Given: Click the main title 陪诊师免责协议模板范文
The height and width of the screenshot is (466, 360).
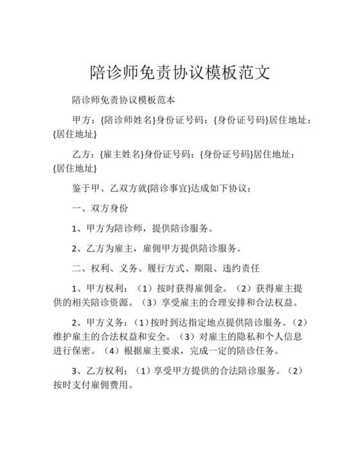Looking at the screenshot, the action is coord(179,71).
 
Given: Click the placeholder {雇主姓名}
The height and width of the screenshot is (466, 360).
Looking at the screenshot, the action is coord(122,154).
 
